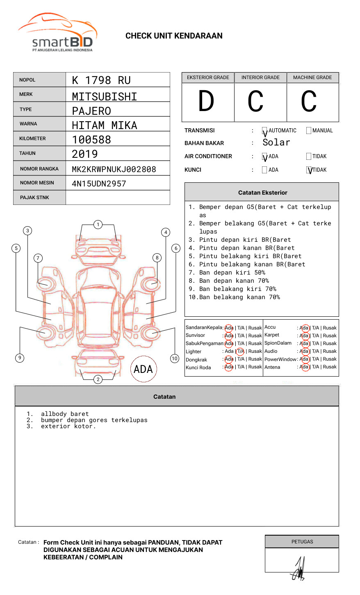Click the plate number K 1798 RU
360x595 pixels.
click(x=101, y=80)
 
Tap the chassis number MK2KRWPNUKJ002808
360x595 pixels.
click(x=114, y=169)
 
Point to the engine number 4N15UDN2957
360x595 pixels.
click(x=99, y=184)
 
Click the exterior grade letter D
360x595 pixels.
click(x=206, y=102)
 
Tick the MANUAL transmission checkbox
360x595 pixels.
click(x=309, y=131)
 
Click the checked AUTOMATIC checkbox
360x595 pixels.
click(x=264, y=131)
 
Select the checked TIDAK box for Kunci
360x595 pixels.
click(x=309, y=170)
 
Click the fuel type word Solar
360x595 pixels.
click(x=276, y=143)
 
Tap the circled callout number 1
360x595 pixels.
click(x=98, y=225)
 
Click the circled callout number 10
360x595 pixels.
click(x=175, y=359)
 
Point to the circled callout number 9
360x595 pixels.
click(x=19, y=358)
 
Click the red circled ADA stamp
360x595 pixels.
click(x=143, y=369)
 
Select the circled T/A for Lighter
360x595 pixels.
click(x=240, y=351)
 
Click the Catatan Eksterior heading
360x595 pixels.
click(x=262, y=193)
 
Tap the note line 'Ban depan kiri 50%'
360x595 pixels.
click(x=232, y=273)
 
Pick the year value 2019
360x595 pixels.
click(x=84, y=154)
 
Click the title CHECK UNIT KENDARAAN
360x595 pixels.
click(x=174, y=36)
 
